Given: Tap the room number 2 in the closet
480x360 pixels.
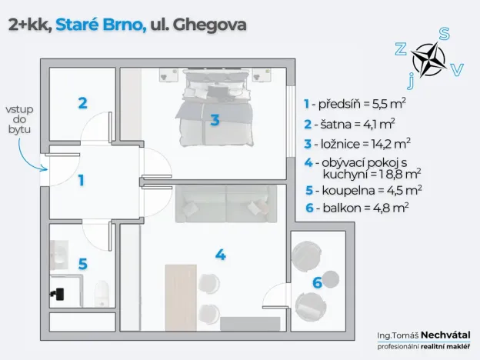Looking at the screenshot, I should (82, 102).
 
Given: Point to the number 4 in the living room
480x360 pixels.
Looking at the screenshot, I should (220, 255).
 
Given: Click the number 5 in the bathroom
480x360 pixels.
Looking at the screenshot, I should (82, 263).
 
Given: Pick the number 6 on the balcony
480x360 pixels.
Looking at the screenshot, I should (316, 282).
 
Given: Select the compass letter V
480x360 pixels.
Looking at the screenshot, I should (457, 70).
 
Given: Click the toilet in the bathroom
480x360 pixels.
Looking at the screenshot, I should (98, 292).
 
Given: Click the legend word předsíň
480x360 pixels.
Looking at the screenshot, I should (338, 103).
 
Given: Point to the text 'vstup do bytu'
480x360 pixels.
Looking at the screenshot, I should (20, 120).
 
